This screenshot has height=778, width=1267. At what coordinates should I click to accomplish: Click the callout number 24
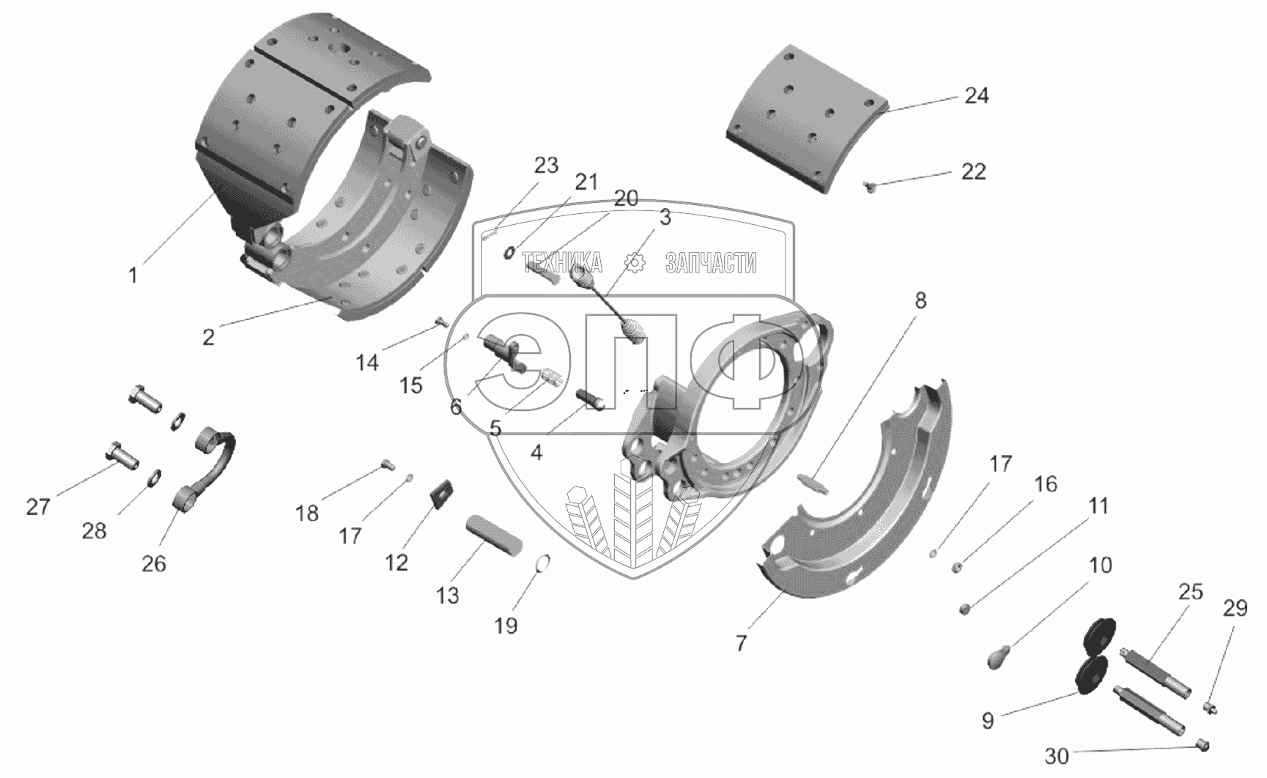(976, 96)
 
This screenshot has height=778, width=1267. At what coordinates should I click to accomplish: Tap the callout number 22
(973, 172)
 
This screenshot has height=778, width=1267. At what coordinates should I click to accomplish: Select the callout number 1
(133, 275)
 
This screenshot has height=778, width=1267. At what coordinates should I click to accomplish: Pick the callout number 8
(920, 300)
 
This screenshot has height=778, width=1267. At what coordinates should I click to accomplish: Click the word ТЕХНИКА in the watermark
(563, 262)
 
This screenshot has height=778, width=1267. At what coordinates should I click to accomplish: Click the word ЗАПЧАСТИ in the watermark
(711, 262)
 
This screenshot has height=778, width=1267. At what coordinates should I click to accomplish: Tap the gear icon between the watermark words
(634, 262)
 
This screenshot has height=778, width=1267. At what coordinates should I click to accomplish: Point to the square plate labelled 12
(442, 492)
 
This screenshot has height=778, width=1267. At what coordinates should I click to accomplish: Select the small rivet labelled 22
(870, 185)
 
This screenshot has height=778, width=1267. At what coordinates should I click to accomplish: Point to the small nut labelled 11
(967, 609)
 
